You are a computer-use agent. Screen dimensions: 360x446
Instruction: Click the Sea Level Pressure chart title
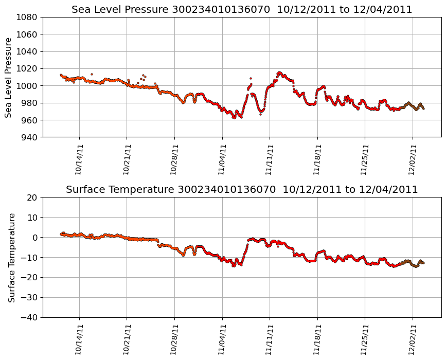242,10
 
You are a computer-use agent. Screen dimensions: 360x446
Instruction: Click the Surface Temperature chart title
242,190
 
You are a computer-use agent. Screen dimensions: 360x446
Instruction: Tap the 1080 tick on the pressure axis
28,17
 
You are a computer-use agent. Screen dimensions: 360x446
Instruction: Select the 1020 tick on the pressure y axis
28,68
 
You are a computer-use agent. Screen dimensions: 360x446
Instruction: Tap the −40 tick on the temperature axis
30,317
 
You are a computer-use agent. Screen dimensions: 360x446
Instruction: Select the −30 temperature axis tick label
30,297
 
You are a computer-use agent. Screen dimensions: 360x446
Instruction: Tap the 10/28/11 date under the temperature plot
174,339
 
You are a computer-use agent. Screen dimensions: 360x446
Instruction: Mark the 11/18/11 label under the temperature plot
317,339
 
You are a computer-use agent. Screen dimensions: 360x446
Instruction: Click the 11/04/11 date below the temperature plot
222,339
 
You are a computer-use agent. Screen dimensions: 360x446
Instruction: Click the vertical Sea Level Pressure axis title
9,77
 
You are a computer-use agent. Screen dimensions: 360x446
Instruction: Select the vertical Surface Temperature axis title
11,257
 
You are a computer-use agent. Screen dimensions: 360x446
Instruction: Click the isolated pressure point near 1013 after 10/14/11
92,74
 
